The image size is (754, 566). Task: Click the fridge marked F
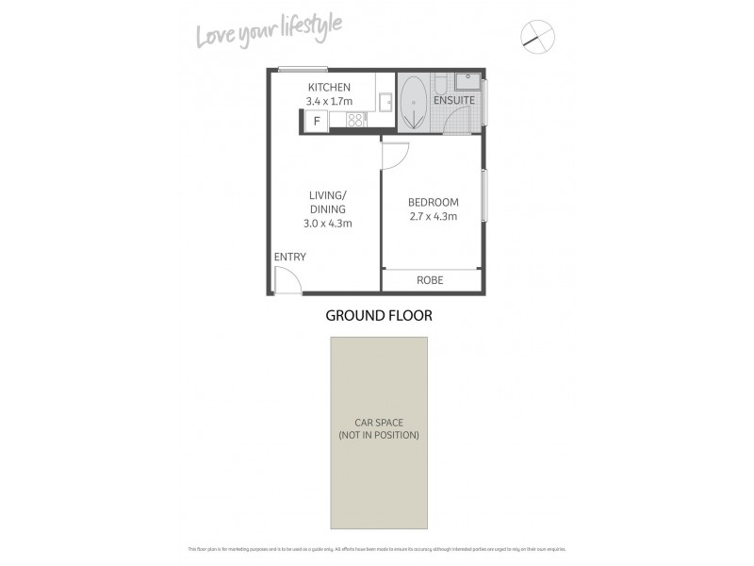pos(316,121)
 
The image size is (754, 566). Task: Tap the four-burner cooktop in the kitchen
pos(355,120)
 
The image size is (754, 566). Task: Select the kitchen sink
pos(385,99)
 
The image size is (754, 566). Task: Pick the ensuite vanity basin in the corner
pos(467,82)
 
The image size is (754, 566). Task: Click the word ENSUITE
pos(453,100)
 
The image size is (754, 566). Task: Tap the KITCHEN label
pos(328,88)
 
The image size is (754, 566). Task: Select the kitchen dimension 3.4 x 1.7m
pos(328,101)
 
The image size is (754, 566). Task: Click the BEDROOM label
pos(433,202)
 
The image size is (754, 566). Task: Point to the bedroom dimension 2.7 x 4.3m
pos(433,216)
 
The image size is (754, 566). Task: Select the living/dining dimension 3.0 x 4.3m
pos(327,224)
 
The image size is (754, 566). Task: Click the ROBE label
pos(430,280)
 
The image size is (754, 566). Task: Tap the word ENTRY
pos(289,257)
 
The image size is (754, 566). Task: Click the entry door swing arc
pos(287,280)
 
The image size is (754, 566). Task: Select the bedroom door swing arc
pos(396,156)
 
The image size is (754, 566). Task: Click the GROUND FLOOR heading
pos(379,316)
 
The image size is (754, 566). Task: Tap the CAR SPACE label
pos(379,423)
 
